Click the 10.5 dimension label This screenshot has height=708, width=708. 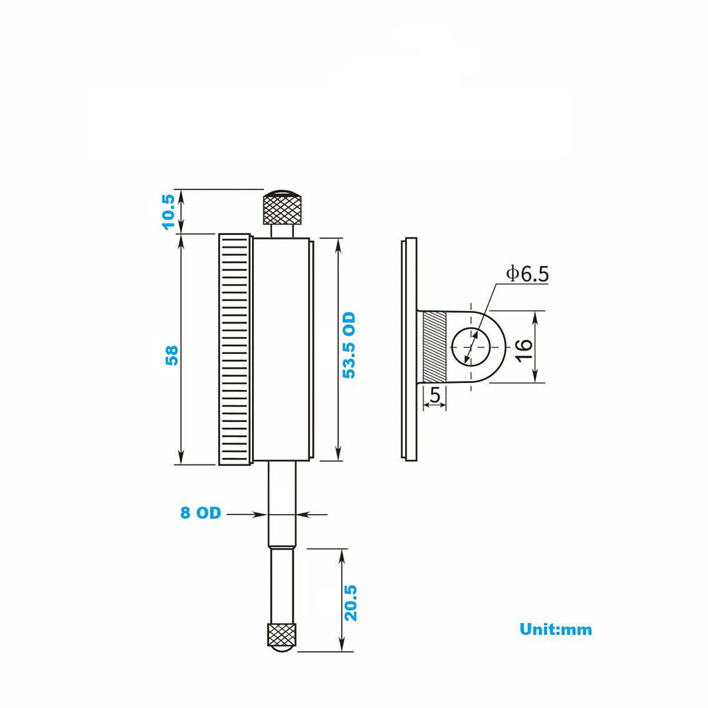pyautogui.click(x=169, y=210)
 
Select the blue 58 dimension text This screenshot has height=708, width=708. pyautogui.click(x=170, y=355)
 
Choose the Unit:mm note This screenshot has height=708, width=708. pyautogui.click(x=556, y=629)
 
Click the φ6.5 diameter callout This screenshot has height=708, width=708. pyautogui.click(x=527, y=273)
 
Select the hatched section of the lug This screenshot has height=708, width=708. pyautogui.click(x=434, y=347)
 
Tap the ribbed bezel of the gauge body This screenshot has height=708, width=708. pyautogui.click(x=234, y=350)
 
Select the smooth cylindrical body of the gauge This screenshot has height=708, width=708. pyautogui.click(x=282, y=350)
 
